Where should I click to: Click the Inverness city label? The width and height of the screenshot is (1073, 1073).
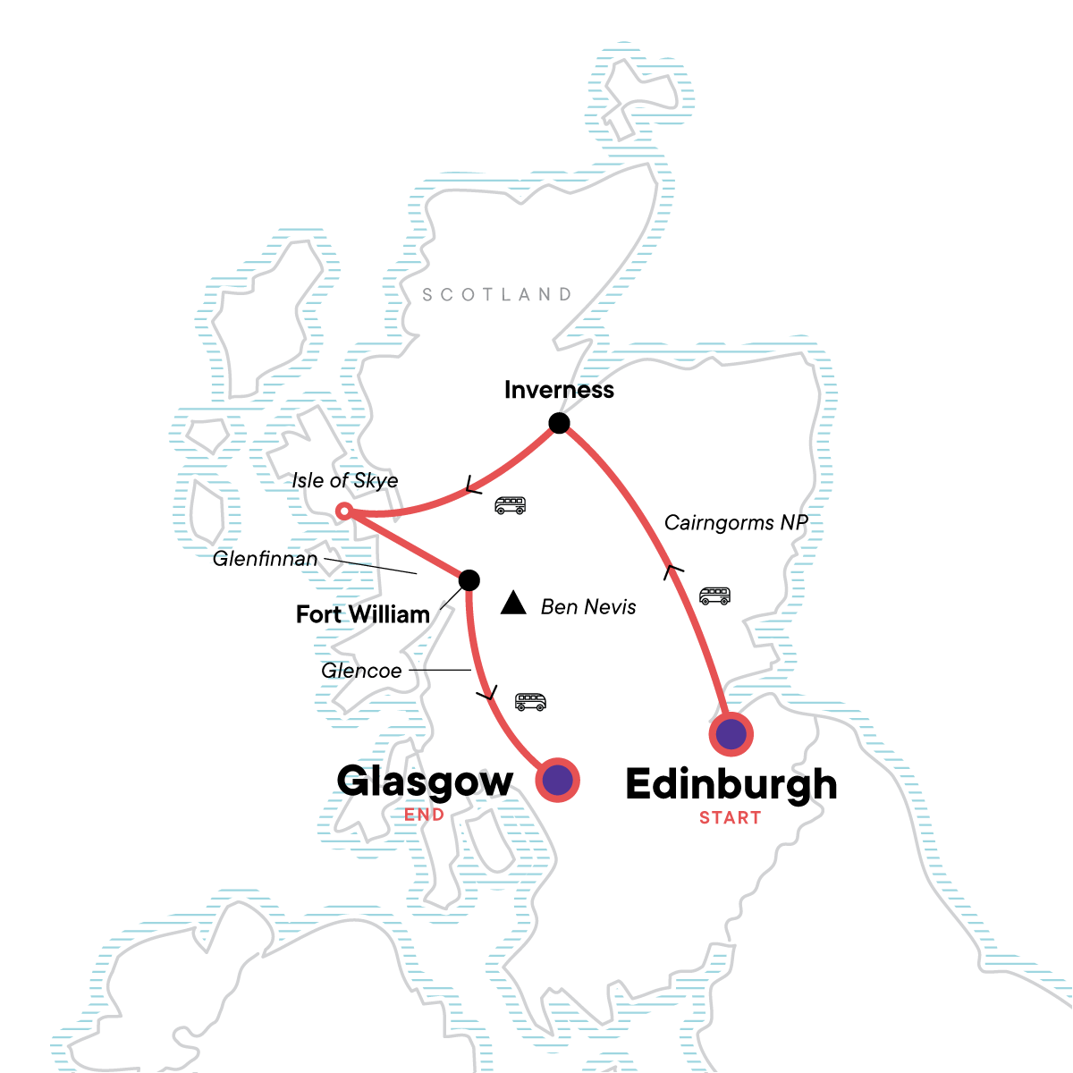point(559,390)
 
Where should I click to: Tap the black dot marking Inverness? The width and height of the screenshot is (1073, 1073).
point(559,423)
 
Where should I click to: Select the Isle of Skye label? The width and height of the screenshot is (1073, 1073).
point(344,481)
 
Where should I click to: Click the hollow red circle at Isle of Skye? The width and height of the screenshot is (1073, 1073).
point(344,511)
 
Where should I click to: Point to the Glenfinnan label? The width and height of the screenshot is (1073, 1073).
point(265,560)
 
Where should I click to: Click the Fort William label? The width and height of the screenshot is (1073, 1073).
point(363,615)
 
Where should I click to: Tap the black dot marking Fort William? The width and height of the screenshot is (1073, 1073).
point(469,580)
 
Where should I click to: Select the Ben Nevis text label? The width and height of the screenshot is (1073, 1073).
point(588,607)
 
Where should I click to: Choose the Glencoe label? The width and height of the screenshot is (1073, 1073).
point(361,671)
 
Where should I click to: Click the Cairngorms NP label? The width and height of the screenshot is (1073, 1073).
point(736,523)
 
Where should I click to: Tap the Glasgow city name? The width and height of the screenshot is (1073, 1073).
point(425,782)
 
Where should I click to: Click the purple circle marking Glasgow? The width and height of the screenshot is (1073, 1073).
point(558,781)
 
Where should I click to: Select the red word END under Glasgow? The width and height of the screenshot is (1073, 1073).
point(424,815)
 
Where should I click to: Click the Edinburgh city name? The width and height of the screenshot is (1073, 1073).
point(731,785)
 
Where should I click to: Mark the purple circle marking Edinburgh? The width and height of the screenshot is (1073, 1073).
point(731,735)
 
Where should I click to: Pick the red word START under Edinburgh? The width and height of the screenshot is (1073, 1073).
point(731,817)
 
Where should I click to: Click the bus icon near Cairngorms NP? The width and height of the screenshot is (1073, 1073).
point(714,596)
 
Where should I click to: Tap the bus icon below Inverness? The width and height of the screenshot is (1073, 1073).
point(511,505)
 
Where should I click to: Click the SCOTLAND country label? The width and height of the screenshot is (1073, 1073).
point(497,294)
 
